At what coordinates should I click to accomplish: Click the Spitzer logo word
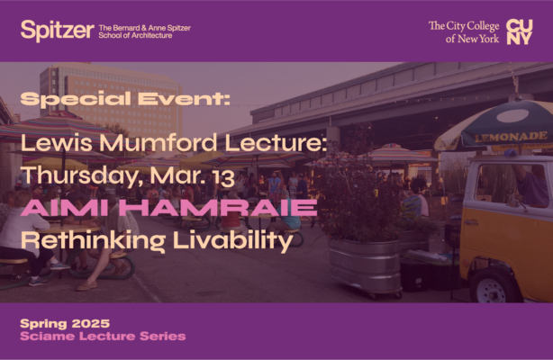coord(57,31)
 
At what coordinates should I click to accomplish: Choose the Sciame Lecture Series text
coord(103,337)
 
